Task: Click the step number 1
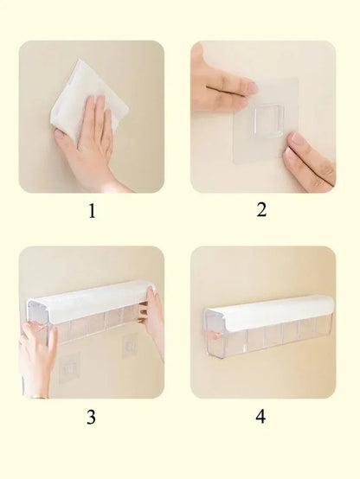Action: pos(92,211)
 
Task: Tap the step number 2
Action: pos(261,210)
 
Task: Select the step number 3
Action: pos(91,417)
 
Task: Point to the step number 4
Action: pos(260,417)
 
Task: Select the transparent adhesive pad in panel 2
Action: pos(265,121)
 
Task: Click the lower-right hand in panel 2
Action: pos(309,162)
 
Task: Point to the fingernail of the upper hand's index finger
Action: pos(253,87)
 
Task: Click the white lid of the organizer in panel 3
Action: pos(88,301)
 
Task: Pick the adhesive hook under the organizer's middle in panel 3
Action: pos(130,346)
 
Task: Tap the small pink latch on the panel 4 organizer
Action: pos(218,335)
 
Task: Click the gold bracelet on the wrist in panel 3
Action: pos(39,396)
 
